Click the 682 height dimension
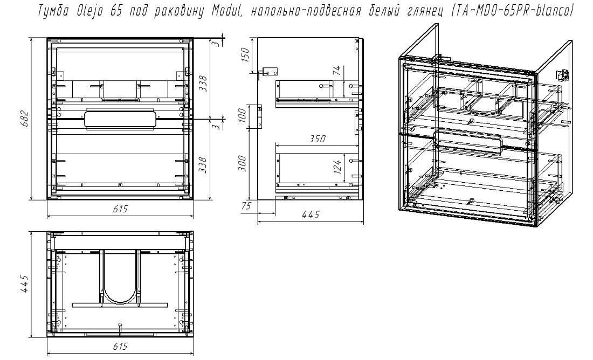click(24, 119)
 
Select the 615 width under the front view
click(120, 209)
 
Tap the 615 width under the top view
click(120, 347)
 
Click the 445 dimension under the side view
click(311, 215)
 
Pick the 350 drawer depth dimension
click(317, 139)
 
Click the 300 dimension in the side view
click(243, 163)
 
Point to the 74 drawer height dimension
click(336, 71)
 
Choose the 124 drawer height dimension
click(336, 167)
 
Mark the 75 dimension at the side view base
click(246, 206)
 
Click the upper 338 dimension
click(203, 84)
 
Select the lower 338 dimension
click(203, 165)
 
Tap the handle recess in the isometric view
click(468, 143)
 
